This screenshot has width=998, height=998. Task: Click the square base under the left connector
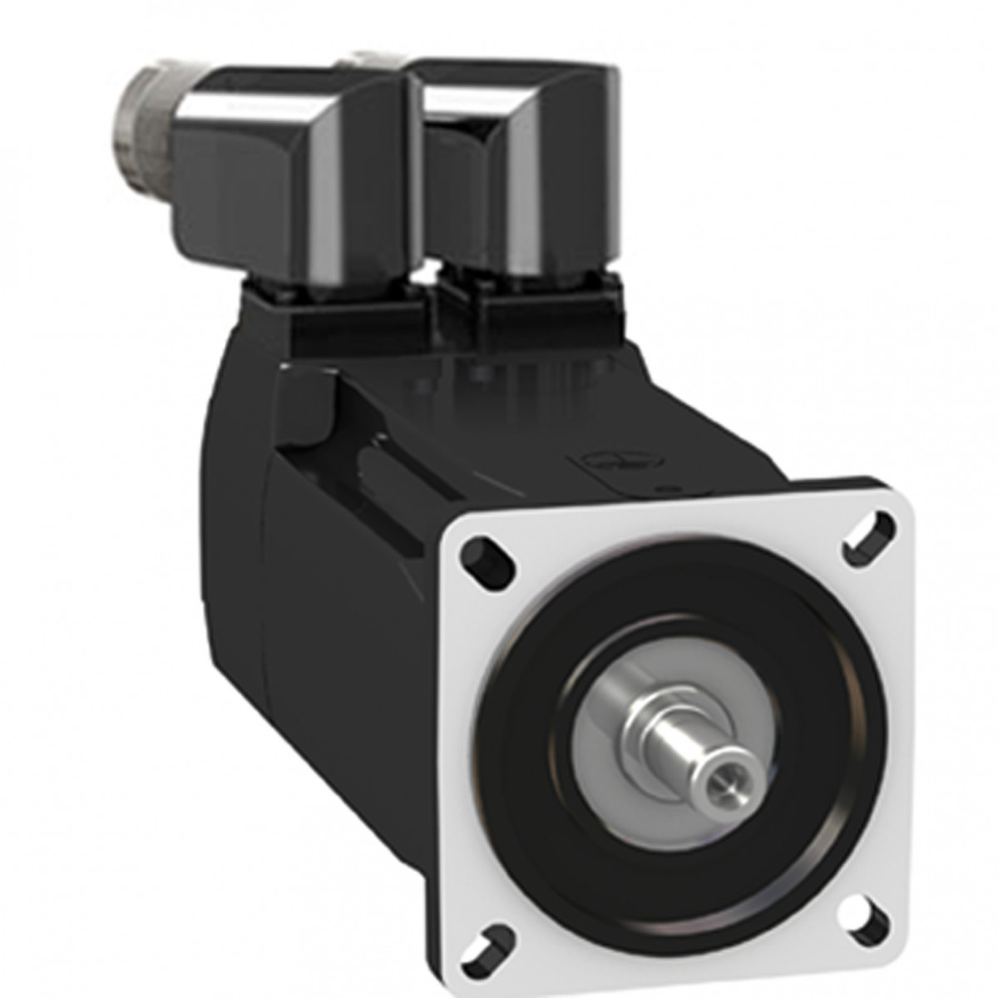pyautogui.click(x=333, y=320)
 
